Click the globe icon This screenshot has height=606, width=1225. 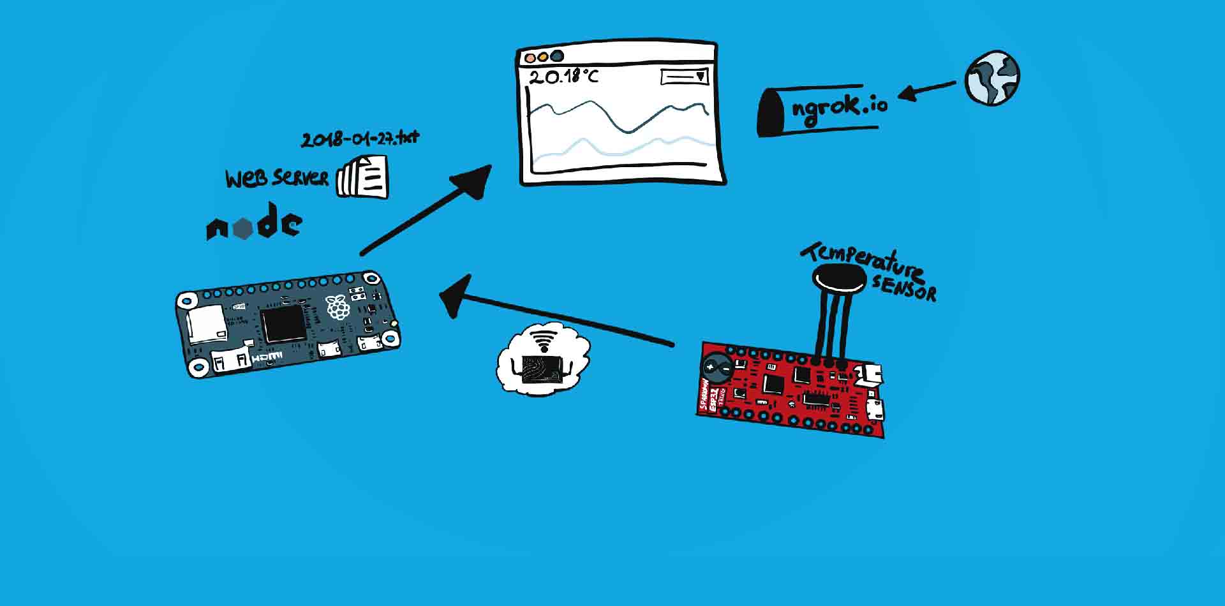(992, 78)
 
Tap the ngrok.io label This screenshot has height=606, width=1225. (839, 106)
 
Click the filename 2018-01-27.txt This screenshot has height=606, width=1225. (360, 138)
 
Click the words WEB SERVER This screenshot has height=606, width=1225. (276, 178)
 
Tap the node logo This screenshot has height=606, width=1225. (253, 223)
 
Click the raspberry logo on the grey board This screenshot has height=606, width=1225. (338, 307)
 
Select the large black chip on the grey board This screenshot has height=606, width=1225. (284, 323)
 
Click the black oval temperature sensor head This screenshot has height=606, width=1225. (840, 279)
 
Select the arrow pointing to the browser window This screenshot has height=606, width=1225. (427, 210)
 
